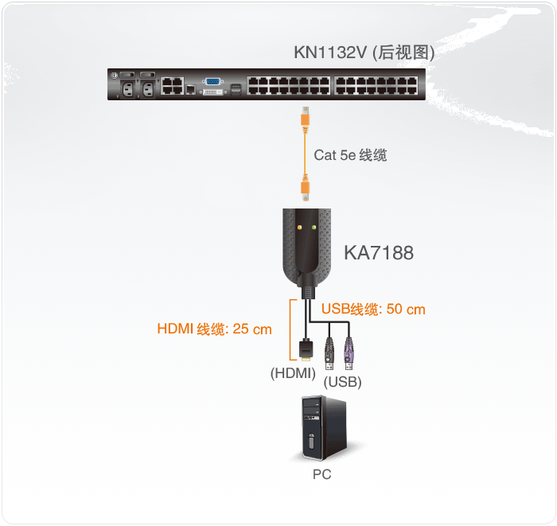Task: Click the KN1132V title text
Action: pyautogui.click(x=364, y=53)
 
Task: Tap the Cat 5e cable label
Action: pyautogui.click(x=350, y=155)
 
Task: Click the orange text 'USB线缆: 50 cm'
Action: pyautogui.click(x=373, y=309)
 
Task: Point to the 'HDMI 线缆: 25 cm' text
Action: pyautogui.click(x=214, y=329)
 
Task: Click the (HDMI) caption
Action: pyautogui.click(x=293, y=372)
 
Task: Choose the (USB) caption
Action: pyautogui.click(x=343, y=382)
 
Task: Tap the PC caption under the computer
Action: pyautogui.click(x=321, y=474)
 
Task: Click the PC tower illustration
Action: pyautogui.click(x=321, y=429)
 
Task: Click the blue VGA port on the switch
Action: pyautogui.click(x=213, y=81)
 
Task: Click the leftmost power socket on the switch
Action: pyautogui.click(x=126, y=89)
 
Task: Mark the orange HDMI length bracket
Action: pyautogui.click(x=289, y=329)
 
